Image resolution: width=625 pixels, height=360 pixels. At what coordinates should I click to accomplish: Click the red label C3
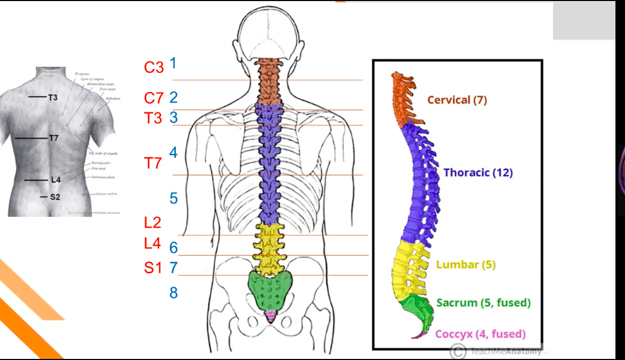pyautogui.click(x=154, y=68)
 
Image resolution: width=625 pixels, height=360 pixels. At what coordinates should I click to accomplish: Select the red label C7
pyautogui.click(x=154, y=99)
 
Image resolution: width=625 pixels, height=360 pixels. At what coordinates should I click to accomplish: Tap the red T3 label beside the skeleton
pyautogui.click(x=153, y=118)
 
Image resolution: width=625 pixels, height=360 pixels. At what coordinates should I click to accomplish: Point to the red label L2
pyautogui.click(x=152, y=222)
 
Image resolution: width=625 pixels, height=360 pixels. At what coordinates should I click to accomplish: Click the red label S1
pyautogui.click(x=153, y=268)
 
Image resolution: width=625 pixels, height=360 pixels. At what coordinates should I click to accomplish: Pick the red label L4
pyautogui.click(x=152, y=243)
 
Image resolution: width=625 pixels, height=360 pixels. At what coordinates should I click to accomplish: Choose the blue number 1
pyautogui.click(x=173, y=63)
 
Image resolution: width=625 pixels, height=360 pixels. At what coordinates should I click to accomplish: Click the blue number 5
pyautogui.click(x=174, y=199)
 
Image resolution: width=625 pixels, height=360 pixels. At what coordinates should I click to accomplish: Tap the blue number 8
pyautogui.click(x=174, y=292)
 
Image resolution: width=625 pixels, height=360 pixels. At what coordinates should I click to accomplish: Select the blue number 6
pyautogui.click(x=174, y=248)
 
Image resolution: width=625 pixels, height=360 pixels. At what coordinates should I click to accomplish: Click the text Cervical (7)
pyautogui.click(x=457, y=100)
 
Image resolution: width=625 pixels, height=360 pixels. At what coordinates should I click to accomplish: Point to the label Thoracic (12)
pyautogui.click(x=478, y=173)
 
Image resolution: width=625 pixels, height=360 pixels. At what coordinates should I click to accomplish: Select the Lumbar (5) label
pyautogui.click(x=466, y=264)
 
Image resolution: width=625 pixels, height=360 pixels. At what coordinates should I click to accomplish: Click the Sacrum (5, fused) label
pyautogui.click(x=483, y=302)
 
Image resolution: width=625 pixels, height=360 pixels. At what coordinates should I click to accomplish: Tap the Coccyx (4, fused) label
pyautogui.click(x=480, y=334)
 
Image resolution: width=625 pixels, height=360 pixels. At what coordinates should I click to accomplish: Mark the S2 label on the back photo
pyautogui.click(x=55, y=197)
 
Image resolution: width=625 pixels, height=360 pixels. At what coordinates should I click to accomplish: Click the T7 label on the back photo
pyautogui.click(x=53, y=138)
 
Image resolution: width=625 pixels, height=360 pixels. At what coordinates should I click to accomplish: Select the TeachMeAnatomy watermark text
pyautogui.click(x=506, y=351)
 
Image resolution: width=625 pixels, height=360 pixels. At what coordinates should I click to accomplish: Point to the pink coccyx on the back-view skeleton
pyautogui.click(x=271, y=317)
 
